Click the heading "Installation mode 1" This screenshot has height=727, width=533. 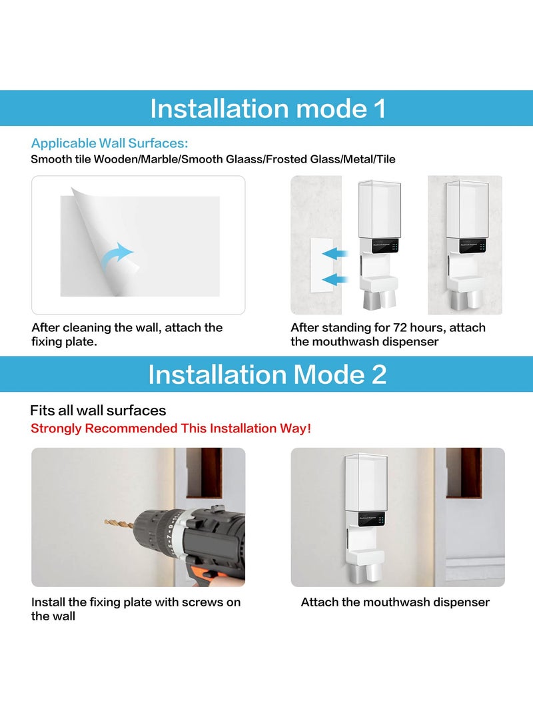coord(267,109)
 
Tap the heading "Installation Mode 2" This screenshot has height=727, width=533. coord(267,374)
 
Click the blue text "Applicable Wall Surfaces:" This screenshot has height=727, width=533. coord(109,143)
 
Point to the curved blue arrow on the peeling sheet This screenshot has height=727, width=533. coord(116,256)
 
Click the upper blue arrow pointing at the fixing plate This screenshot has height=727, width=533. coord(334,254)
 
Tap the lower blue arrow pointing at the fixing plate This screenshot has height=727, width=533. coord(334,279)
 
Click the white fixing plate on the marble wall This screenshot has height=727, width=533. coord(321,265)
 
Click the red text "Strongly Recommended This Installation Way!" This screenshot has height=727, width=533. coord(171,428)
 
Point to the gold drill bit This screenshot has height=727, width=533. coord(119,524)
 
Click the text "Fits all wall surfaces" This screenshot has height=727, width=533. coord(98,410)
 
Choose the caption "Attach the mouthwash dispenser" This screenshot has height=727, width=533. coord(395,602)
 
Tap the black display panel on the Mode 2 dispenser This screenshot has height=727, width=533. coord(372,519)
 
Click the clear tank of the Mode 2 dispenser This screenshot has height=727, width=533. coord(366,482)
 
